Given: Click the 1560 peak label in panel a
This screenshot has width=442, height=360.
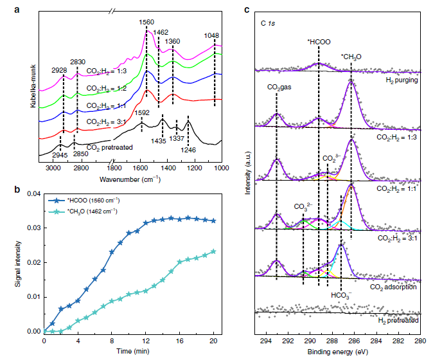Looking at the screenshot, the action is pyautogui.click(x=146, y=22).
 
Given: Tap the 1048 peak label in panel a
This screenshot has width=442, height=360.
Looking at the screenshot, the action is pyautogui.click(x=211, y=35).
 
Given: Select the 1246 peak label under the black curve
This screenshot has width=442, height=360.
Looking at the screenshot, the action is pyautogui.click(x=188, y=150).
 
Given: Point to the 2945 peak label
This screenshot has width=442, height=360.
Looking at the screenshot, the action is pyautogui.click(x=60, y=154).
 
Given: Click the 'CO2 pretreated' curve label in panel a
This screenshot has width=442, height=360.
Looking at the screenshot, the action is pyautogui.click(x=109, y=148).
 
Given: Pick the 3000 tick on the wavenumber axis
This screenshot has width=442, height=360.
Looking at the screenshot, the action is pyautogui.click(x=53, y=168).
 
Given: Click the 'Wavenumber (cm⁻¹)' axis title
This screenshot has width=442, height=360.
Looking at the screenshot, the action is pyautogui.click(x=130, y=179).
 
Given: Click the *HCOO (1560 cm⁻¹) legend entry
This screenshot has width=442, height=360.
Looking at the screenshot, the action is pyautogui.click(x=84, y=201).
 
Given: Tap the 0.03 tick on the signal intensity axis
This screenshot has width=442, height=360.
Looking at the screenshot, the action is pyautogui.click(x=34, y=228).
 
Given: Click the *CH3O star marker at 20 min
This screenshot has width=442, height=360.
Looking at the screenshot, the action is pyautogui.click(x=213, y=251).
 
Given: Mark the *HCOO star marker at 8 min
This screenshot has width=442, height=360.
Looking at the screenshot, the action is pyautogui.click(x=112, y=252).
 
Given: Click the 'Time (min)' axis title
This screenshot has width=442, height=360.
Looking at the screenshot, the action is pyautogui.click(x=133, y=351).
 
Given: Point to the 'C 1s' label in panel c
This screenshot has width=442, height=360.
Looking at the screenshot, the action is pyautogui.click(x=268, y=23).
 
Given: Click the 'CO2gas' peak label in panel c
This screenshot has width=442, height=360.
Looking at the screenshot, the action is pyautogui.click(x=279, y=87).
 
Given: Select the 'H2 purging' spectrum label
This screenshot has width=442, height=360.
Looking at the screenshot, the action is pyautogui.click(x=402, y=80).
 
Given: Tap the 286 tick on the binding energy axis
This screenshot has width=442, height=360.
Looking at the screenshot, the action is pyautogui.click(x=354, y=341).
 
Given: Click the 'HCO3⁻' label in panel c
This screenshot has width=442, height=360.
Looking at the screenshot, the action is pyautogui.click(x=341, y=295).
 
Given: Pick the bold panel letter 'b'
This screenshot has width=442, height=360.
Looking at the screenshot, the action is pyautogui.click(x=17, y=190).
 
